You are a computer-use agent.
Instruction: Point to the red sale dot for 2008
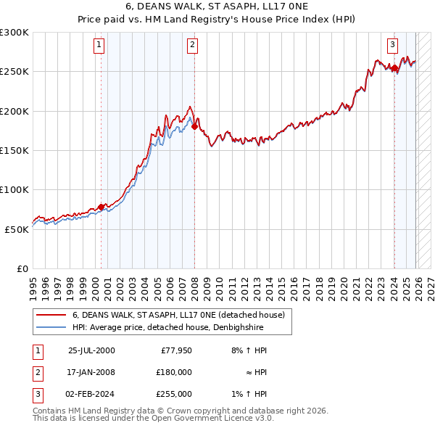194,127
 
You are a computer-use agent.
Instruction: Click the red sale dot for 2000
101,207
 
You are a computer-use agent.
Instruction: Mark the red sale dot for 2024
394,68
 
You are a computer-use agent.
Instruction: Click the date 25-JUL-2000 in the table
91,350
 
